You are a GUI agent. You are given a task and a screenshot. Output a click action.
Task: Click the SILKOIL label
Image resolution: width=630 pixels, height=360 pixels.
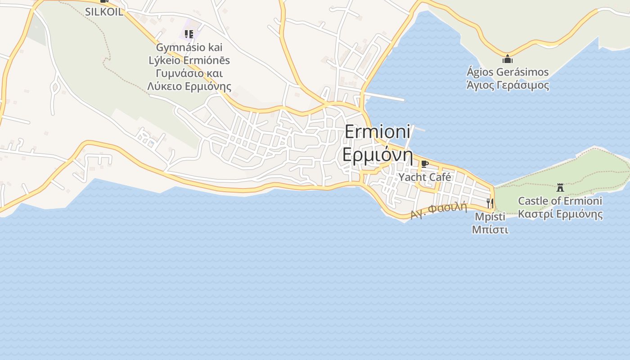pos(104,12)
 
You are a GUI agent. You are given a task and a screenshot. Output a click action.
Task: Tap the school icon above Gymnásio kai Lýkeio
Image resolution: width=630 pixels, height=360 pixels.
pos(189,34)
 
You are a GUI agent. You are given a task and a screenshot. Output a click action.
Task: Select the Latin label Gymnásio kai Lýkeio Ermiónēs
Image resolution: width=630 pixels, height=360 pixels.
pos(189,54)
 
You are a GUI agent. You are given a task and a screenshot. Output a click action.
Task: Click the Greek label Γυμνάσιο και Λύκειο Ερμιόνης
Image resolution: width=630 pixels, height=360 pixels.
pos(189,80)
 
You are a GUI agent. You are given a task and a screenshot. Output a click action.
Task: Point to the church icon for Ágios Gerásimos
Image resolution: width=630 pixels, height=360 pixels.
pos(508,59)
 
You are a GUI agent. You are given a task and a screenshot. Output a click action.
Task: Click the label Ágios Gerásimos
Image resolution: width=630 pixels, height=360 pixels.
pos(508,72)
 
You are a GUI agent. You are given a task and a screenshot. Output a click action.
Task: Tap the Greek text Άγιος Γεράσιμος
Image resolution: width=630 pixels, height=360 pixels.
pos(508,85)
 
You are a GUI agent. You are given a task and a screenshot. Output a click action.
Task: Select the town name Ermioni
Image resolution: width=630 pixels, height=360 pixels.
pos(378,132)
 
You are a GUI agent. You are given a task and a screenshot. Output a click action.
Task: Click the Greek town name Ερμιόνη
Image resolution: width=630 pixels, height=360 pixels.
pos(378,154)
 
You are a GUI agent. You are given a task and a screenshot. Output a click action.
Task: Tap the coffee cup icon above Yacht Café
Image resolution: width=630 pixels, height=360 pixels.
pos(424,164)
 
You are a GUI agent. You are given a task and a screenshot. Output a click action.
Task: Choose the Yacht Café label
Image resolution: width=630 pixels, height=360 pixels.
pos(425,177)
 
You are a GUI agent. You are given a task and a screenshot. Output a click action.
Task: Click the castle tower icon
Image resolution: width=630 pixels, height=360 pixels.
pos(560,188)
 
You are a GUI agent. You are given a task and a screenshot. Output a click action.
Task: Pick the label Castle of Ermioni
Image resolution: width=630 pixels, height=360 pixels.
pos(560,201)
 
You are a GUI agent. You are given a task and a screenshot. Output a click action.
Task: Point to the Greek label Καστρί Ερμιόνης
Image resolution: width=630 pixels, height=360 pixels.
pos(560,214)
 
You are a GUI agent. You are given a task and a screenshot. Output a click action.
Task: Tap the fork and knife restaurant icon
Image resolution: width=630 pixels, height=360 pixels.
pos(490,203)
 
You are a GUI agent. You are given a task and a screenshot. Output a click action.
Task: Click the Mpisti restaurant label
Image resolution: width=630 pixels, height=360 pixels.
pos(490,216)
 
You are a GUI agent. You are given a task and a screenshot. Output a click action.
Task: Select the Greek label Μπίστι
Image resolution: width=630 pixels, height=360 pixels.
pos(490,229)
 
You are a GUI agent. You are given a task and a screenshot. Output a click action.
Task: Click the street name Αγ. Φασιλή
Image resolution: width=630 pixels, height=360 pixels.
pos(439,211)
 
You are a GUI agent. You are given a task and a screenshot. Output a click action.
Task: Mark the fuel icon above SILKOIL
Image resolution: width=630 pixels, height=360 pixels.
pos(104,1)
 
